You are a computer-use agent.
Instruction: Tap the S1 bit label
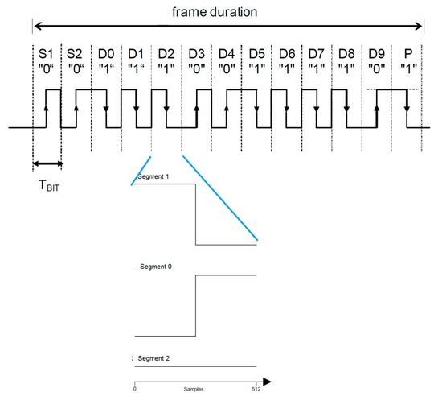pyautogui.click(x=46, y=52)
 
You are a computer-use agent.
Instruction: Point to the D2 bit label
pyautogui.click(x=166, y=52)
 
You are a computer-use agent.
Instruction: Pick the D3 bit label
pyautogui.click(x=196, y=52)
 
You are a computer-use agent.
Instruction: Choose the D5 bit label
pyautogui.click(x=256, y=52)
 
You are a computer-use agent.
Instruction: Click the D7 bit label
pyautogui.click(x=317, y=52)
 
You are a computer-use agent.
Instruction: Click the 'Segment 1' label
pyautogui.click(x=154, y=176)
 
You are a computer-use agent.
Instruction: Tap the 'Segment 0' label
pyautogui.click(x=155, y=266)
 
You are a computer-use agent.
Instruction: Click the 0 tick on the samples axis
pyautogui.click(x=134, y=387)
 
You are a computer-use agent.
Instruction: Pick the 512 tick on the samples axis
pyautogui.click(x=256, y=387)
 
